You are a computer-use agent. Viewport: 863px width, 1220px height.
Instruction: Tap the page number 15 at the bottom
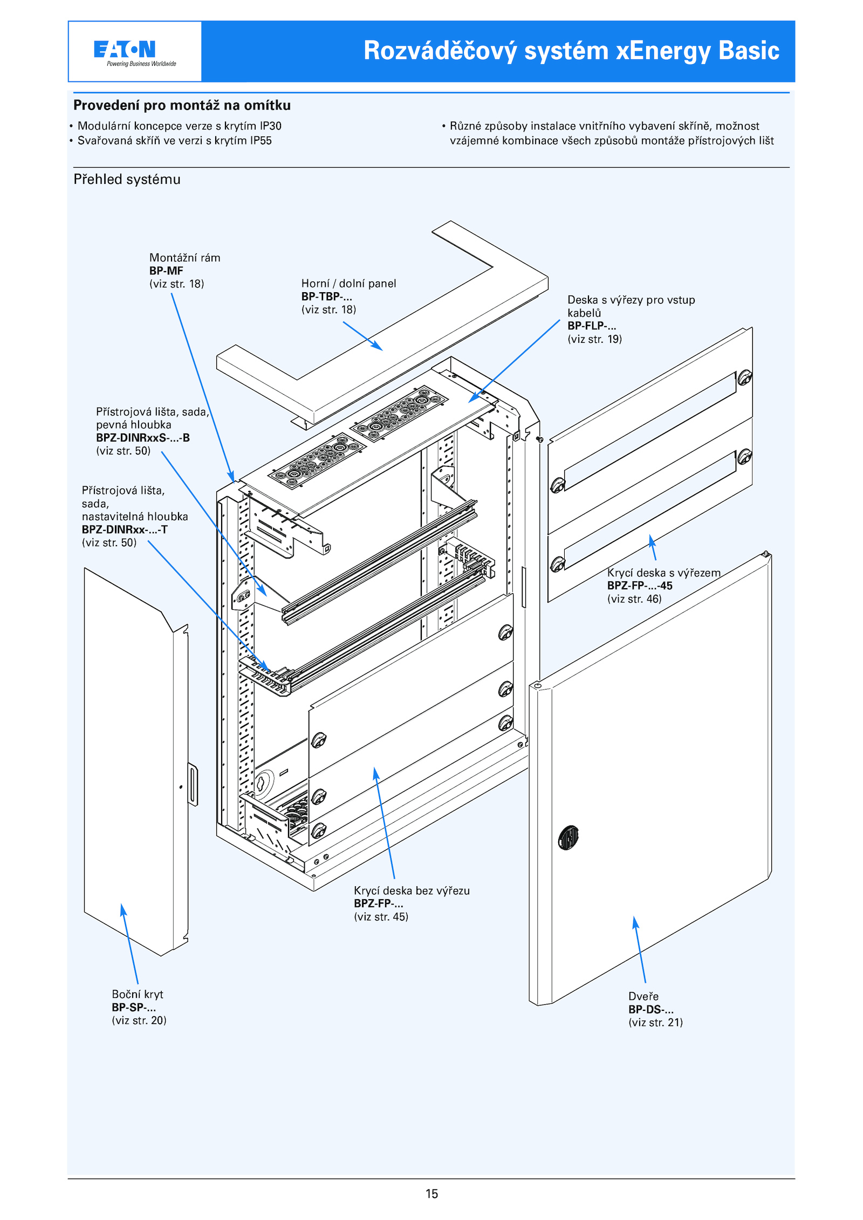432,1194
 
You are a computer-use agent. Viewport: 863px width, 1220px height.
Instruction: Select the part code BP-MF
166,271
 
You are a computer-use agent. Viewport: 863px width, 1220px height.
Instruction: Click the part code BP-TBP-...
326,297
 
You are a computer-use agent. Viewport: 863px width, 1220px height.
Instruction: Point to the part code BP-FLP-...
591,326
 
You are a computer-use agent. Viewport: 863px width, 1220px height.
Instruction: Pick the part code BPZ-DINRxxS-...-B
143,438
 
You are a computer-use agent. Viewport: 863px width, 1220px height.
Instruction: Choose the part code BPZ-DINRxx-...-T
125,529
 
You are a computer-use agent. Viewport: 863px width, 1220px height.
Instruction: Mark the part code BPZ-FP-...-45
640,585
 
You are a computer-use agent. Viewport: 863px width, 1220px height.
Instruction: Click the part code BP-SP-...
134,1007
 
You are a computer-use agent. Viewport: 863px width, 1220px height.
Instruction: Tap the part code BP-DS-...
650,1009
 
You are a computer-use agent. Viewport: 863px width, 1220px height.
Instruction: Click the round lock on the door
568,838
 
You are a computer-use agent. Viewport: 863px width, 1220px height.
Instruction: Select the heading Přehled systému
127,180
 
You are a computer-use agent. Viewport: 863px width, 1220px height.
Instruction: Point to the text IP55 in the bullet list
261,141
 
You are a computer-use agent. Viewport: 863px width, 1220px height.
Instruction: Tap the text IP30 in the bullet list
270,126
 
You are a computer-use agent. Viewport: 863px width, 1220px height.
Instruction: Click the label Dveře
643,996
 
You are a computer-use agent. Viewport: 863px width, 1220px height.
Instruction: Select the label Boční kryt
137,994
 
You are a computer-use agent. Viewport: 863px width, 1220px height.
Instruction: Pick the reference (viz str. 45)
381,916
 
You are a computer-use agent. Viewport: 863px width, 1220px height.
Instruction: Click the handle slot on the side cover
193,784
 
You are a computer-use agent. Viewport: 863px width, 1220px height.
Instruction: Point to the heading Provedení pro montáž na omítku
182,105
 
